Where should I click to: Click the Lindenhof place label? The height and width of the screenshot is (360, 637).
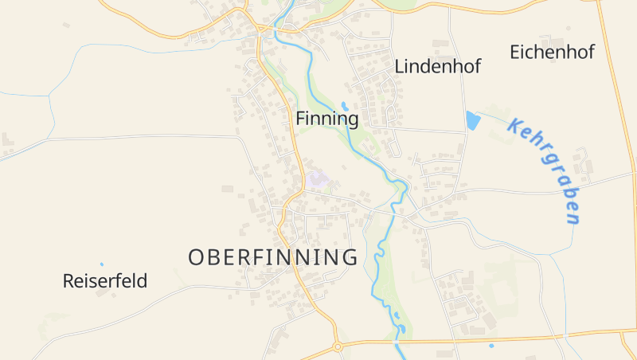point(437,67)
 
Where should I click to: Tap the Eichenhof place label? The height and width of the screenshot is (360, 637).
point(552,53)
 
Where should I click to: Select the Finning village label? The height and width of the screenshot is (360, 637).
point(327,119)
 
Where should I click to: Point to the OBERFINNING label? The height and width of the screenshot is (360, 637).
point(272,257)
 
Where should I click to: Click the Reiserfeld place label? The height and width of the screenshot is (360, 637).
point(105,281)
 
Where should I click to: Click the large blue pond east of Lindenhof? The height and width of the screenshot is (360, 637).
point(473,121)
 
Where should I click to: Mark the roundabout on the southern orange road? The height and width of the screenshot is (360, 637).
point(338,346)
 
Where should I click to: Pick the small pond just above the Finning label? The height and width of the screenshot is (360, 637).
point(345,105)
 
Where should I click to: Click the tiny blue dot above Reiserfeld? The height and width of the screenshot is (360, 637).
point(101,264)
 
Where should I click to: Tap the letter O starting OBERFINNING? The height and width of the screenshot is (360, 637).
point(197,257)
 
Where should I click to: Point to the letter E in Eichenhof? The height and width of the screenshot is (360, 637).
point(514,53)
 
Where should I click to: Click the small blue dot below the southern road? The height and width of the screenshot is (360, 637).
point(491,346)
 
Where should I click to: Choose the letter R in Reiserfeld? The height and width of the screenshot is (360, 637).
point(68,281)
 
